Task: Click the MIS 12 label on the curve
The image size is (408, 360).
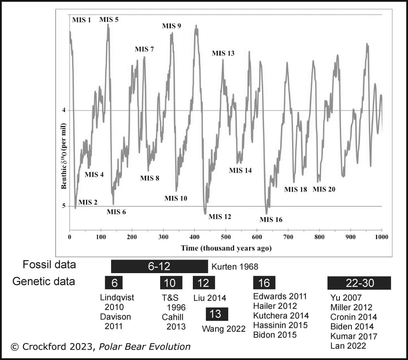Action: pyautogui.click(x=220, y=216)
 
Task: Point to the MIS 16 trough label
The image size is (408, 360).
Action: pyautogui.click(x=271, y=219)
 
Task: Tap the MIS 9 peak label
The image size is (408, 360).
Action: pyautogui.click(x=172, y=26)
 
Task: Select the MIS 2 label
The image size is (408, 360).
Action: pyautogui.click(x=88, y=202)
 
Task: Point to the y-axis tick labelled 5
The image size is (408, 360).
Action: pyautogui.click(x=63, y=206)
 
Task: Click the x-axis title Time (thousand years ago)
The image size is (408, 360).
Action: pyautogui.click(x=226, y=248)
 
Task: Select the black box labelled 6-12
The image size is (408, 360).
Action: pyautogui.click(x=159, y=266)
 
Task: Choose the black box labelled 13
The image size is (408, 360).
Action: pyautogui.click(x=217, y=314)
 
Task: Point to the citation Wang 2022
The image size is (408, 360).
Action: pyautogui.click(x=224, y=329)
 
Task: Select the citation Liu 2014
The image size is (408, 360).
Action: pyautogui.click(x=210, y=298)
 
